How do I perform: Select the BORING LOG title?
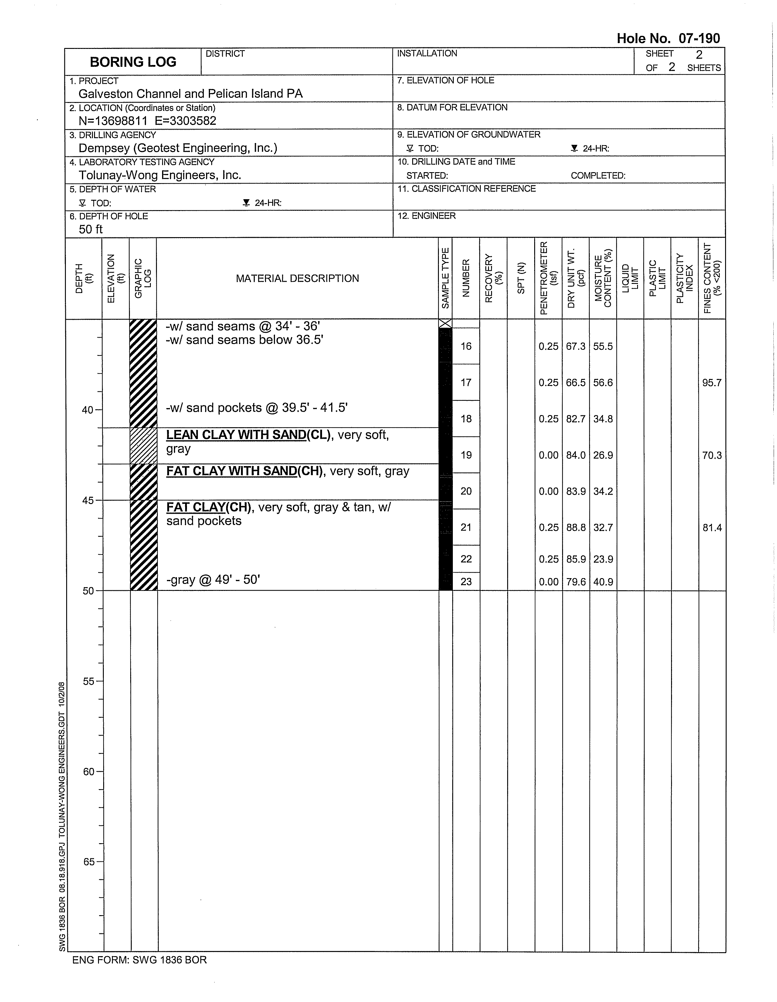(133, 62)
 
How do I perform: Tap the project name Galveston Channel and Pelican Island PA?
(190, 94)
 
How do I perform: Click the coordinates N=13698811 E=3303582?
(147, 121)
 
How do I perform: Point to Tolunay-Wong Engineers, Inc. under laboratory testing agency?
(160, 175)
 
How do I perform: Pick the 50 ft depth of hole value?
(90, 229)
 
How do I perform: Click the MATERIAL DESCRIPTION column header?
(297, 278)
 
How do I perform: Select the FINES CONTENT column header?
(712, 278)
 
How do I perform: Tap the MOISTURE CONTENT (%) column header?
(603, 278)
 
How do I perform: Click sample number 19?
(466, 455)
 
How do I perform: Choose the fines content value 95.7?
(712, 383)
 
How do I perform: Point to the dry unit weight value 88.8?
(576, 528)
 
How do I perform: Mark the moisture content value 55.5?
(603, 346)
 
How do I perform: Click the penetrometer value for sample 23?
(548, 582)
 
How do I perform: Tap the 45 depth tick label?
(88, 500)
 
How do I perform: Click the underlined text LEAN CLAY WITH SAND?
(236, 435)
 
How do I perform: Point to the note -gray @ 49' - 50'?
(213, 580)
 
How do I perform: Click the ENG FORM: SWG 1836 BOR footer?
(139, 960)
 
